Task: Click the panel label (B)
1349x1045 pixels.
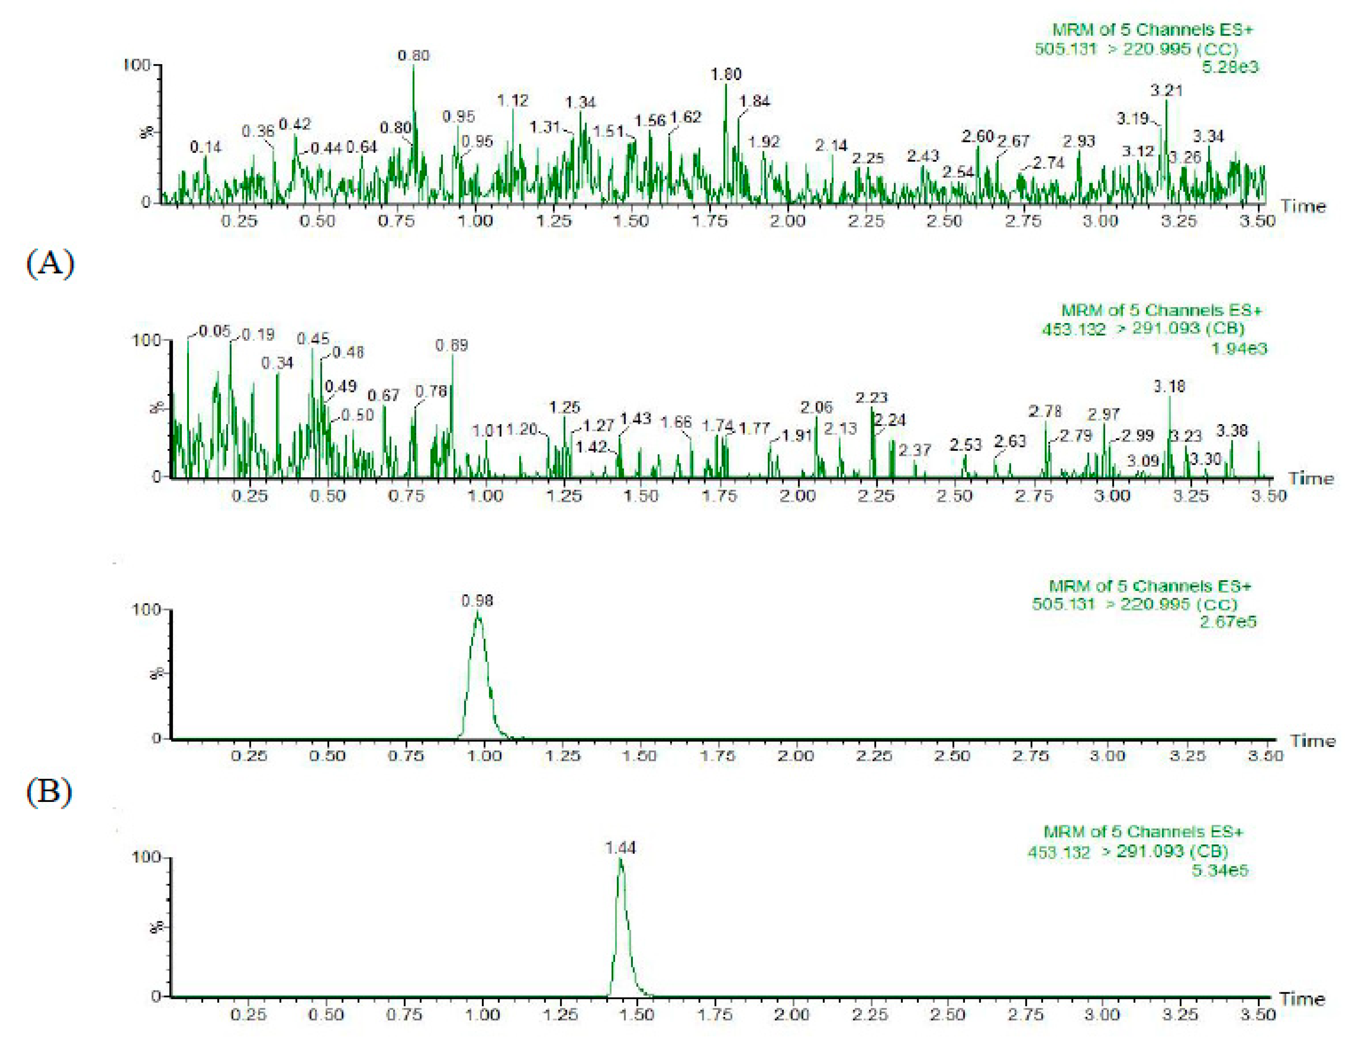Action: [48, 791]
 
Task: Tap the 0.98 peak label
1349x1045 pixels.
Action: [477, 600]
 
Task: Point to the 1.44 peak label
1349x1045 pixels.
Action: [620, 848]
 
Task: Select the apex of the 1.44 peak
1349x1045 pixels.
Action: [620, 860]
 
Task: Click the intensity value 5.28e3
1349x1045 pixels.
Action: [1229, 67]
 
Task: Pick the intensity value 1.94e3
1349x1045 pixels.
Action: [1238, 348]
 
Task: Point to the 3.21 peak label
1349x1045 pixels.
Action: [1166, 90]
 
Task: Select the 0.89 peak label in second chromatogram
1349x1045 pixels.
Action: [452, 345]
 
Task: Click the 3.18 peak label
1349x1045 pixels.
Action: [1169, 387]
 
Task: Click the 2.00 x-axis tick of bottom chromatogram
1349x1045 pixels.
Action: [792, 1015]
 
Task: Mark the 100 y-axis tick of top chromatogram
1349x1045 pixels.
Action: [137, 65]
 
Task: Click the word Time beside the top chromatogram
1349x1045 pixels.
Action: [1303, 206]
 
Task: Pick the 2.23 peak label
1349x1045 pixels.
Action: [871, 398]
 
